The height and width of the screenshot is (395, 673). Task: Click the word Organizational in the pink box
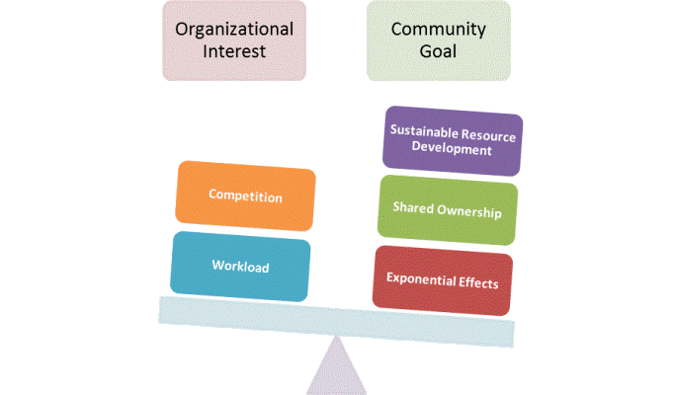pos(234,31)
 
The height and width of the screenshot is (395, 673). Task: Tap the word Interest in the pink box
pos(234,51)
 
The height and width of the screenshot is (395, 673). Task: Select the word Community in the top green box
pos(438,31)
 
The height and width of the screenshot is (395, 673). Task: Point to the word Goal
pos(438,51)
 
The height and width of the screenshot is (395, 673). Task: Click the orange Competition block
pos(245,196)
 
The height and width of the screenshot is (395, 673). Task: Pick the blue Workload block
pos(240,267)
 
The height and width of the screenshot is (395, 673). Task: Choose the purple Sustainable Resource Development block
pos(453,140)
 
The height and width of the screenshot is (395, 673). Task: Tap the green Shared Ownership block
pos(448,210)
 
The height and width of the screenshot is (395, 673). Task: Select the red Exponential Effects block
pos(443,280)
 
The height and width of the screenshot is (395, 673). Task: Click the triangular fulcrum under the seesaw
pos(336,369)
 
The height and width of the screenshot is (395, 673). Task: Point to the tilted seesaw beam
pos(336,322)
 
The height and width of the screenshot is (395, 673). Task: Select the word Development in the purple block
pos(452,148)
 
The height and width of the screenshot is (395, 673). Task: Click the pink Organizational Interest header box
pos(234,40)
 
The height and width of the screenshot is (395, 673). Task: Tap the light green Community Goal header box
pos(439,40)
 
